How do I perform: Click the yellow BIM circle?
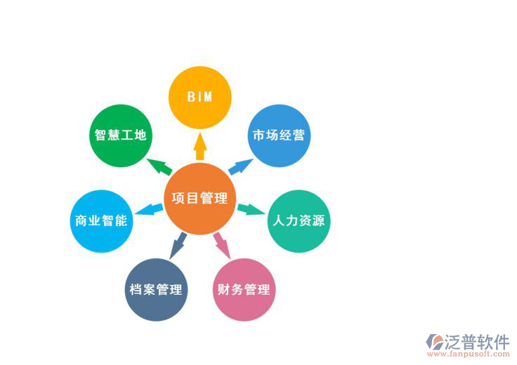coord(199,98)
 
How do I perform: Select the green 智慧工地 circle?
coord(121,135)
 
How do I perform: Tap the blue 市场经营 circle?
coord(279,135)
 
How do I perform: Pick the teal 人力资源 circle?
coord(299,220)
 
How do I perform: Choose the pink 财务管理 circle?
coord(244,289)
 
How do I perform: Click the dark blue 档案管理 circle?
coord(156,289)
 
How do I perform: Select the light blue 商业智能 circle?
coord(101,220)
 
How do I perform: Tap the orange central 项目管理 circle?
coord(199,199)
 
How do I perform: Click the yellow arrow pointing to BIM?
coord(199,147)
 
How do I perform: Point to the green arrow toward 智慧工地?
coord(159,166)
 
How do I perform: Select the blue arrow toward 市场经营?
coord(240,166)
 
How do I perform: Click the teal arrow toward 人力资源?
coord(251,209)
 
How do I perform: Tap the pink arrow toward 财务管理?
coord(222,244)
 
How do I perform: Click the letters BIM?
coord(199,98)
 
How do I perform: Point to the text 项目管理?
coord(199,199)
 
